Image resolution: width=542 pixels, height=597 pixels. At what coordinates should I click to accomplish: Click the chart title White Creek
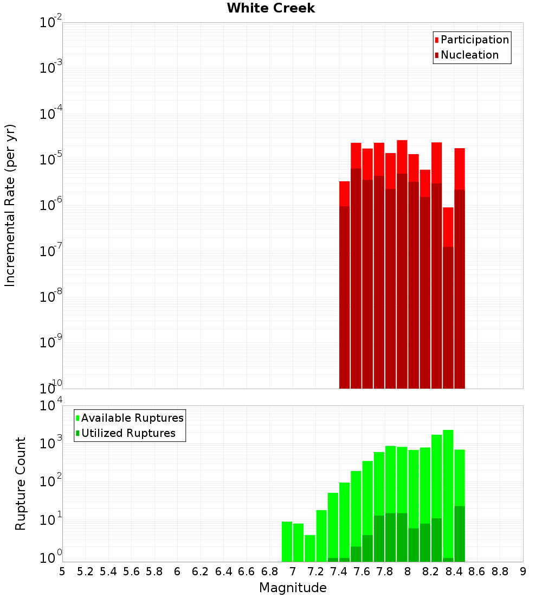[270, 8]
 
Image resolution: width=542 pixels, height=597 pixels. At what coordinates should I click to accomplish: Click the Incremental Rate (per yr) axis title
[10, 205]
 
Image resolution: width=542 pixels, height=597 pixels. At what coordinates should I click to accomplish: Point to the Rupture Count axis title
[21, 484]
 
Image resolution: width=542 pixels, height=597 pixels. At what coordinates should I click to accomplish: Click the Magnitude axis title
[293, 588]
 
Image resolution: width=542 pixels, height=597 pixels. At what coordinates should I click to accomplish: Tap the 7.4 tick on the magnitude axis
[339, 571]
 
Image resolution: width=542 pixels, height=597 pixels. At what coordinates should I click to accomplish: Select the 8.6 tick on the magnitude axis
[477, 571]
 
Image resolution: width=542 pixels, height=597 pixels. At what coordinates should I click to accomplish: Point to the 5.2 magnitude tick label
[85, 571]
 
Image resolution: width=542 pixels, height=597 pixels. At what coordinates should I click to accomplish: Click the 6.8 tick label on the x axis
[269, 571]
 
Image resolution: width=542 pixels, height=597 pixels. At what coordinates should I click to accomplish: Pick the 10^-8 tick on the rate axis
[51, 297]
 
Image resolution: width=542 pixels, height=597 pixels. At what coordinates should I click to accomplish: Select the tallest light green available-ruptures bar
[448, 488]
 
